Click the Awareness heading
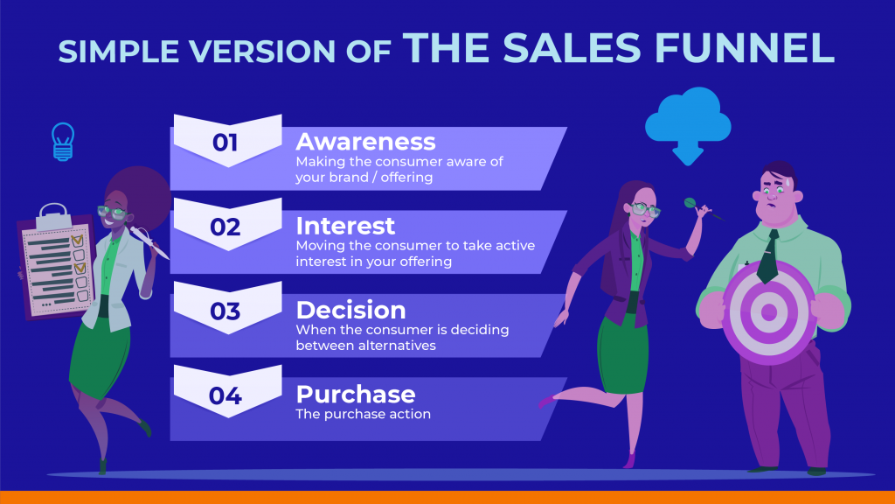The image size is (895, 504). click(x=365, y=142)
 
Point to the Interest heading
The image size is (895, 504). click(x=345, y=227)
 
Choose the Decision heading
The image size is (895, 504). click(x=350, y=311)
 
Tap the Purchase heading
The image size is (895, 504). click(x=356, y=395)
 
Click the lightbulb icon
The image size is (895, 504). click(x=63, y=142)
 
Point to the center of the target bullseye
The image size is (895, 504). click(x=769, y=312)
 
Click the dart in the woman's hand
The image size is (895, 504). click(x=704, y=210)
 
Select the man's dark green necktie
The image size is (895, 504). click(x=768, y=256)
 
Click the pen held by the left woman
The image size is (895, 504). click(x=149, y=242)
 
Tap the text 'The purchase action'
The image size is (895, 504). click(x=363, y=414)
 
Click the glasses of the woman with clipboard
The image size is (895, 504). click(x=112, y=213)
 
